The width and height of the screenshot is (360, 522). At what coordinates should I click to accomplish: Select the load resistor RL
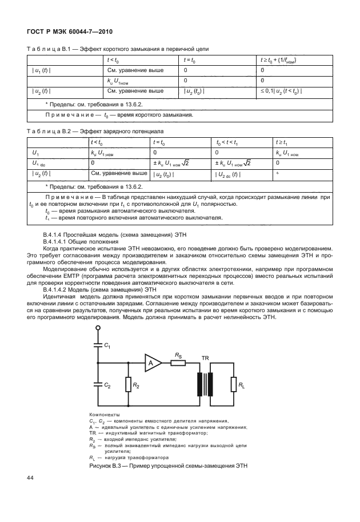tap(233, 387)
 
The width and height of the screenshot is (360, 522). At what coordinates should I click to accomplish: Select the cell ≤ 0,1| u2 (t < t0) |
tap(282, 91)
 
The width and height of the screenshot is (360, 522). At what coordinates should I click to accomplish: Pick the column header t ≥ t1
tap(283, 142)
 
